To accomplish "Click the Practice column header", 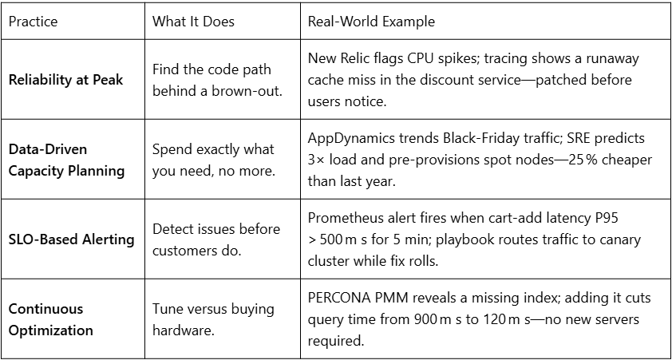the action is [33, 22].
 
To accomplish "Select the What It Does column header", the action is [193, 22].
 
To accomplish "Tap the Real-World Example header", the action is [371, 22].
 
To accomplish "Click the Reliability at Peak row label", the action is [66, 80].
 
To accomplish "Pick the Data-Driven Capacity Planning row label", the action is [66, 160].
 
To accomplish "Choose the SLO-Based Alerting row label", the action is [71, 239].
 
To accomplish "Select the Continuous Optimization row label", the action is [51, 319].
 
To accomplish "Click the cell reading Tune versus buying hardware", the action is [213, 319].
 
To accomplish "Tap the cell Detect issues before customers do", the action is [216, 239].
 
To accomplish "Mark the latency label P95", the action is [606, 218].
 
